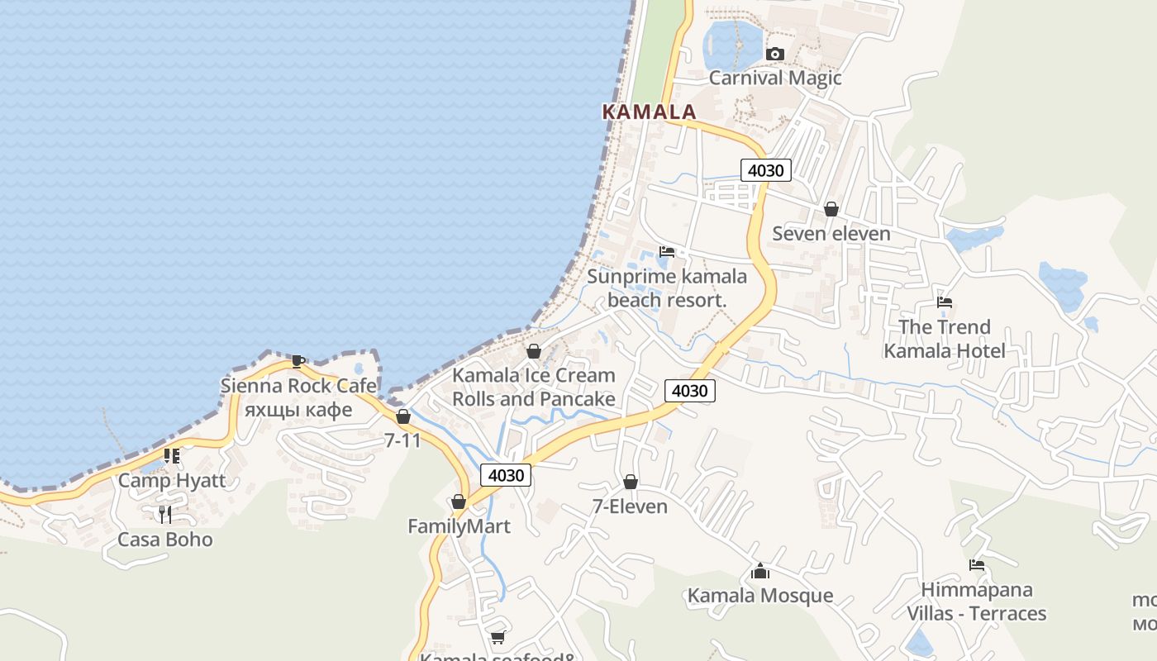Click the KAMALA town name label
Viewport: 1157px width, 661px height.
tap(649, 112)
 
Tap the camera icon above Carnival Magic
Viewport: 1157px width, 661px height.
tap(774, 55)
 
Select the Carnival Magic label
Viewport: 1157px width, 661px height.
tap(775, 78)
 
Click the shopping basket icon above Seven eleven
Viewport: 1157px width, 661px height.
tap(831, 209)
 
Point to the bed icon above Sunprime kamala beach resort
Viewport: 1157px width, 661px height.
tap(667, 252)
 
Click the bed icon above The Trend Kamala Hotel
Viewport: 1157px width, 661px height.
tap(945, 302)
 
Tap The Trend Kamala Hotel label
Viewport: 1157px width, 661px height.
tap(945, 339)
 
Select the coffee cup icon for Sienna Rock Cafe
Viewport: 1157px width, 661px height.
tap(298, 361)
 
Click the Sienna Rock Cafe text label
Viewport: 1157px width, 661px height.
tap(298, 386)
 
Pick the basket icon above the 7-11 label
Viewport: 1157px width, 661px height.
tap(402, 416)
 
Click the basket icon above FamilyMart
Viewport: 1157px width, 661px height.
tap(459, 502)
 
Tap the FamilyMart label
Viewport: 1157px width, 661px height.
tap(459, 526)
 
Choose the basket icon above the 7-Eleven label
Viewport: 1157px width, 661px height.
tap(630, 482)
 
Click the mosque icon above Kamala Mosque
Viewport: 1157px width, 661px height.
tap(760, 571)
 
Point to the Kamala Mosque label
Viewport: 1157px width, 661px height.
tap(760, 596)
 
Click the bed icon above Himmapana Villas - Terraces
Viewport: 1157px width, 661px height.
tap(977, 566)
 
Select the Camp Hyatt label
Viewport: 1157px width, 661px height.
tap(172, 481)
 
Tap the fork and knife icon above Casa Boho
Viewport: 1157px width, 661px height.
tap(165, 515)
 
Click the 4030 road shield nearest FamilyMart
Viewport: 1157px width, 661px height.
tap(506, 475)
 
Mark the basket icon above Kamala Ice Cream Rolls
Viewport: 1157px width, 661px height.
tap(534, 351)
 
